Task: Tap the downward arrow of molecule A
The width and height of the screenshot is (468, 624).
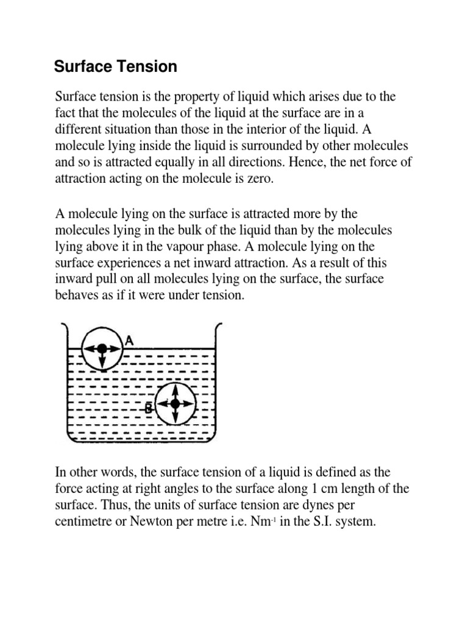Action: tap(102, 361)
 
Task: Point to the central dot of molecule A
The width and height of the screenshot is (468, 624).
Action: tap(102, 348)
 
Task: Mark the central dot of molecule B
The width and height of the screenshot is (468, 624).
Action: tap(175, 403)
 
